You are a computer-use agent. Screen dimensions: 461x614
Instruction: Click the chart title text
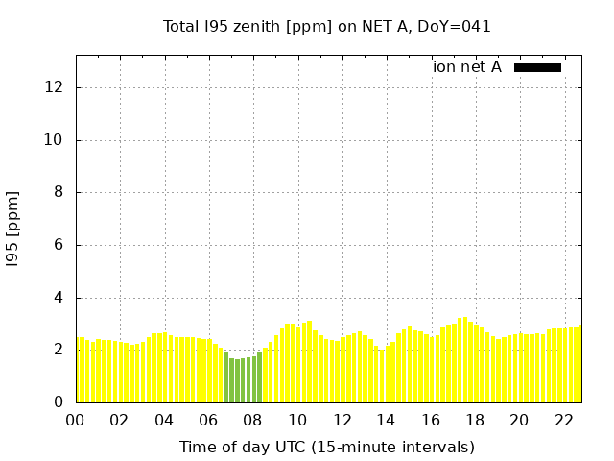coord(327,27)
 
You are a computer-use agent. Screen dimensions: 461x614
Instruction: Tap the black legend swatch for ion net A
coord(537,67)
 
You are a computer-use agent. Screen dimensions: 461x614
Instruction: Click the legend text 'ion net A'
coord(467,67)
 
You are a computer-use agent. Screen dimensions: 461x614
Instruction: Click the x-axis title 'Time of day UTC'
coord(327,447)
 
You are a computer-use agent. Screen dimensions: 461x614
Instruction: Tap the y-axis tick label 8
coord(59,192)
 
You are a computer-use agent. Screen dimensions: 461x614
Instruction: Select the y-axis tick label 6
coord(59,245)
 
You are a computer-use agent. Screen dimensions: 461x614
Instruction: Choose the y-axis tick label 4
coord(59,298)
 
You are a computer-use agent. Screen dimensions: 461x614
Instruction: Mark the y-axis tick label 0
coord(59,402)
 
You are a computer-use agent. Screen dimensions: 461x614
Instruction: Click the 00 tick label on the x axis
coord(75,420)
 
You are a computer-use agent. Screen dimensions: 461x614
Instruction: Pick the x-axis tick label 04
coord(164,420)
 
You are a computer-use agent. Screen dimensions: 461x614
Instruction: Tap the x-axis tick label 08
coord(252,420)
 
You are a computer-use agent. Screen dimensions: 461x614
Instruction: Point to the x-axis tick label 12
coord(342,420)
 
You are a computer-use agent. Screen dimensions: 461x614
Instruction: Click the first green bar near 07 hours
coord(226,377)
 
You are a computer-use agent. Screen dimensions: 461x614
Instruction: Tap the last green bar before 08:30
coord(259,377)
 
